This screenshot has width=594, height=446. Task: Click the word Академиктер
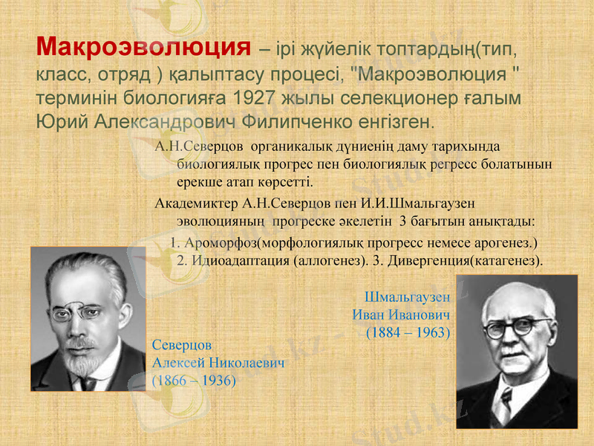pos(197,202)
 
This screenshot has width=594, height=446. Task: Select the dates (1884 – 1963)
pos(408,332)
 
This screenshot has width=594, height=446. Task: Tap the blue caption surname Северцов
pos(182,346)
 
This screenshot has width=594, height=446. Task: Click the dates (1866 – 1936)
pos(194,381)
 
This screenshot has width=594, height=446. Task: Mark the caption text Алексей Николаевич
pos(218,363)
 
